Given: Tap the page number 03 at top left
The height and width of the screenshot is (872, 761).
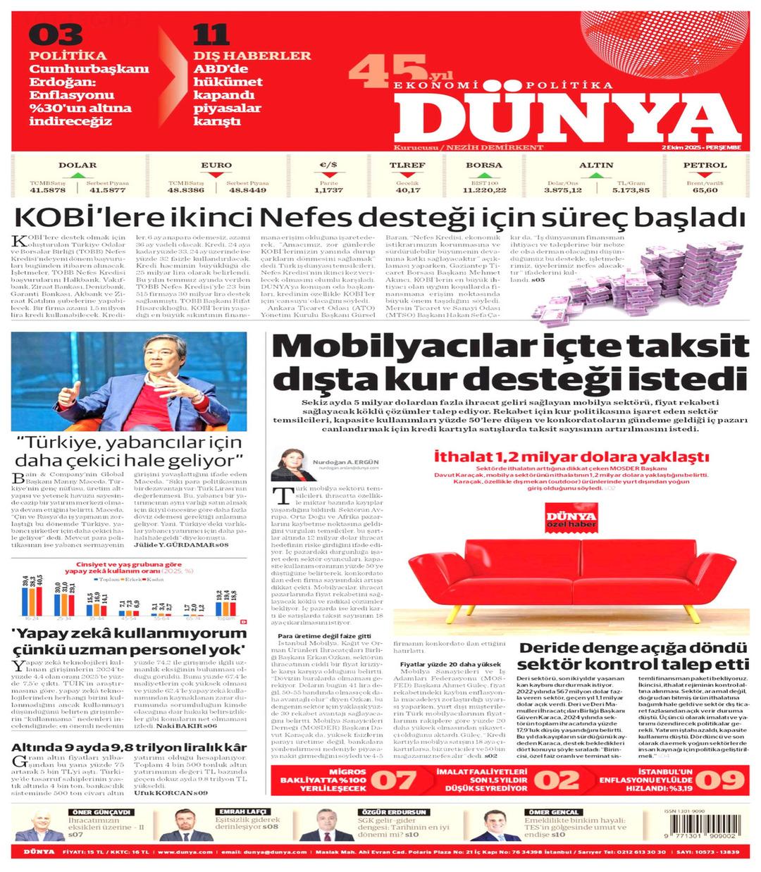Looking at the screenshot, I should pos(56,35).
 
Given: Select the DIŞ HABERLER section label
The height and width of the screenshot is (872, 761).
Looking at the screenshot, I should pos(252,56).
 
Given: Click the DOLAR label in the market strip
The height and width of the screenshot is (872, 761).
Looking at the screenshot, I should pos(78,166).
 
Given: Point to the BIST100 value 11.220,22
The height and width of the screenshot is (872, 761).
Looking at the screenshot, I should pos(484,190).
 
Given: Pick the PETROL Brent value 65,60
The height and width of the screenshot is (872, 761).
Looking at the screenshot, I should pos(705,190).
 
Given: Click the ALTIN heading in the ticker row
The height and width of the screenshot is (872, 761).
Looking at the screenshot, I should pos(596,166).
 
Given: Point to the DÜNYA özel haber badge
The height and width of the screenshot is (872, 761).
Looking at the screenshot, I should pos(571,520).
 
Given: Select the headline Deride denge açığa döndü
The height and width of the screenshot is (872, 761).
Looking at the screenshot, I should pos(633,648).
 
